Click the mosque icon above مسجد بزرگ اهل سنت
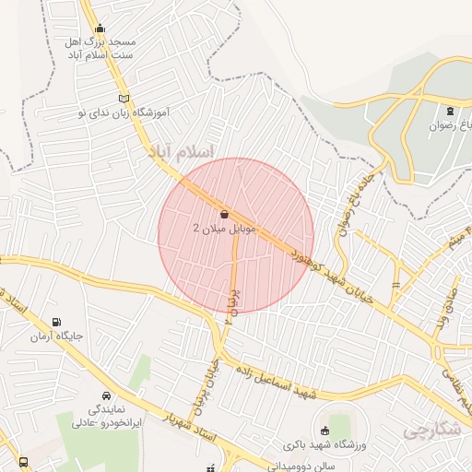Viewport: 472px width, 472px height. [100, 28]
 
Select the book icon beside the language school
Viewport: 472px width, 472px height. [125, 98]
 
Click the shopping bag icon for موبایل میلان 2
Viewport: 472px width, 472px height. [226, 214]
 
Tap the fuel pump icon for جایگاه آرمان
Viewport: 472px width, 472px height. [59, 324]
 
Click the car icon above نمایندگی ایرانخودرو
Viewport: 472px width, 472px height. [105, 394]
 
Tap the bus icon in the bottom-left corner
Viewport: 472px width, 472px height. [23, 461]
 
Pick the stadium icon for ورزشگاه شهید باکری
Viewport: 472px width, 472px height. [324, 431]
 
